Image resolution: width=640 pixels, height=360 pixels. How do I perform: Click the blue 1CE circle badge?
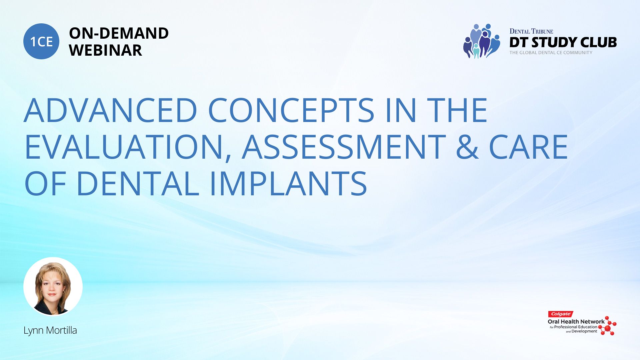41,41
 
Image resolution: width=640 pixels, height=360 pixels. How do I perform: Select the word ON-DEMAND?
119,33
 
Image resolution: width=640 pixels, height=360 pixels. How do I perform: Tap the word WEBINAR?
105,50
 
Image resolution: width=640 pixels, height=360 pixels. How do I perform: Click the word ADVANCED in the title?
111,110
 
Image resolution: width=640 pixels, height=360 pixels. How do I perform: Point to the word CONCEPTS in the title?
291,110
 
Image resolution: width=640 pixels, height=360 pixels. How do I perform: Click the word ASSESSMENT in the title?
344,147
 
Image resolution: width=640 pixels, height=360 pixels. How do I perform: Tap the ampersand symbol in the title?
467,147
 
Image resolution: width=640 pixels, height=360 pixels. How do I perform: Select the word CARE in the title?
528,147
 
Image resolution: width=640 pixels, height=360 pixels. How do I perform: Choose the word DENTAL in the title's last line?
138,184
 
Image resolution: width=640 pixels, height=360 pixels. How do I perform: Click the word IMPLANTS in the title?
288,184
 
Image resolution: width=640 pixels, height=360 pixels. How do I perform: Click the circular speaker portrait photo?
53,287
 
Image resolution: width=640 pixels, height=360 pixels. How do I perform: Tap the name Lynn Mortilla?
50,330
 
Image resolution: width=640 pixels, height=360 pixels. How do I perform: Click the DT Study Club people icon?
481,41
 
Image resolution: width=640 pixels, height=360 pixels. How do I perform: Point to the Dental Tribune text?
531,31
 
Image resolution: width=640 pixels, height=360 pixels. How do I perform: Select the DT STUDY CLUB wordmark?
563,42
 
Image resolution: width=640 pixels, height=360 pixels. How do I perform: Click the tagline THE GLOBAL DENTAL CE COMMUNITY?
551,53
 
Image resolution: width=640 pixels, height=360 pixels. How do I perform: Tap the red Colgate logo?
561,314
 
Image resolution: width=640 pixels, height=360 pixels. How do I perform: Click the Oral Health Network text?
576,322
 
